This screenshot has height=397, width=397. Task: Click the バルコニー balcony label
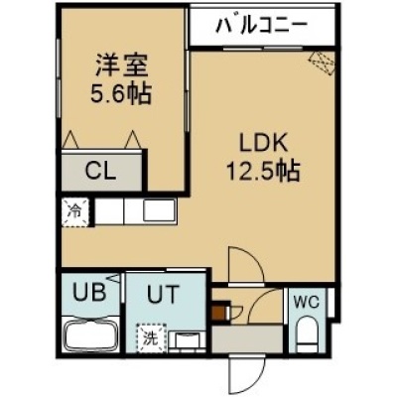(x=261, y=26)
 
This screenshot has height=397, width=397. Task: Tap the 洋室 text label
(x=121, y=65)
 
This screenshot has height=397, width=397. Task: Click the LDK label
(x=263, y=143)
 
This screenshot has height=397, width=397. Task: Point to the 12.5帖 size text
(x=263, y=171)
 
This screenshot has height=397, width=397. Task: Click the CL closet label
(x=100, y=171)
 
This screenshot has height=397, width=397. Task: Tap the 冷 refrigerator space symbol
(x=75, y=212)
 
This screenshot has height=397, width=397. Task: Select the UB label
(x=89, y=293)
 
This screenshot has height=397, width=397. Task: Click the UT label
(x=163, y=294)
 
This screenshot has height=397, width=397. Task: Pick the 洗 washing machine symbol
(x=151, y=338)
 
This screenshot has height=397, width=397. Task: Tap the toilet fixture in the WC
(x=307, y=334)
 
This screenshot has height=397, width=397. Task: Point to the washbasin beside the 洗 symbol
(x=187, y=340)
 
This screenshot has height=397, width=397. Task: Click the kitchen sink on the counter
(x=159, y=211)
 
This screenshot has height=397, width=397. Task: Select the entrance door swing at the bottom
(x=246, y=372)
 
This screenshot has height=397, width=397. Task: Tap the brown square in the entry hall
(x=217, y=313)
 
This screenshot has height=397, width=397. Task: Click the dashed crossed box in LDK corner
(x=322, y=64)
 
